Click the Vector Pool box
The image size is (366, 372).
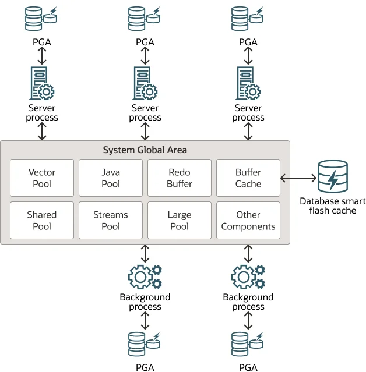coord(42,178)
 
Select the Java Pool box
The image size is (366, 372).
coord(111,178)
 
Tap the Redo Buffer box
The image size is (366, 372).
coord(180,178)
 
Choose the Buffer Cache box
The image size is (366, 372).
coord(248,178)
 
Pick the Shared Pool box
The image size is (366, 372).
coord(42,220)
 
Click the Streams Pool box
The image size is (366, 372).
coord(111,220)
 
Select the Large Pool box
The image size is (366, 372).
coord(180,220)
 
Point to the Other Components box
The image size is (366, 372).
coord(248,220)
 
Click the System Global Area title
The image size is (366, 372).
coord(145,150)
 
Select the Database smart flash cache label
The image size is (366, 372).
coord(333,206)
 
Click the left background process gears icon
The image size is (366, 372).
coord(145,277)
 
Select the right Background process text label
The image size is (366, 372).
coord(248,302)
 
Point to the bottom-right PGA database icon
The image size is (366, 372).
coord(248,343)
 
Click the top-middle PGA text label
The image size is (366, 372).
coord(145,42)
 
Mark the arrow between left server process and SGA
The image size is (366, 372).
coord(42,132)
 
